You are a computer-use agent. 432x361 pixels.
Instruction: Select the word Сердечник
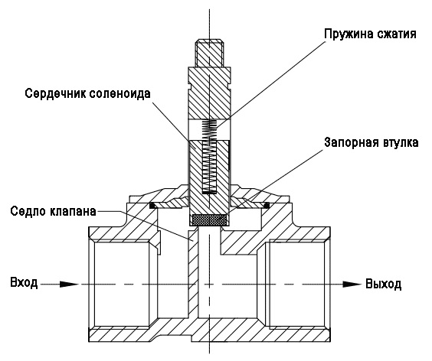[55, 94]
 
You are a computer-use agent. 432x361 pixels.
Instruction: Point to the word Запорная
[352, 143]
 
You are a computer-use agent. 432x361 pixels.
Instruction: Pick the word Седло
[28, 211]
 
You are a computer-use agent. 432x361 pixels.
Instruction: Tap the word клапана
[73, 212]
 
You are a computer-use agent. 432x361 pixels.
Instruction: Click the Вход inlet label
[24, 283]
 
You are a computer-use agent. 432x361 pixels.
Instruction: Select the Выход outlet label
[383, 284]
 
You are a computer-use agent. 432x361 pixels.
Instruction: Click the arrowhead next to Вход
[70, 285]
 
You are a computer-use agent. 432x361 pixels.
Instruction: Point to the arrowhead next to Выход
[352, 285]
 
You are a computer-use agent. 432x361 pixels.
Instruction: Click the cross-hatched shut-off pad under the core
[208, 220]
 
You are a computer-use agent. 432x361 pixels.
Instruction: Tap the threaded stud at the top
[209, 54]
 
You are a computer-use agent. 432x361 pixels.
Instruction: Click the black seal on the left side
[152, 205]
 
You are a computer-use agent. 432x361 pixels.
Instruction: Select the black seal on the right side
[267, 205]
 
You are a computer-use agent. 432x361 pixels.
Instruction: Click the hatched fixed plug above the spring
[209, 93]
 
